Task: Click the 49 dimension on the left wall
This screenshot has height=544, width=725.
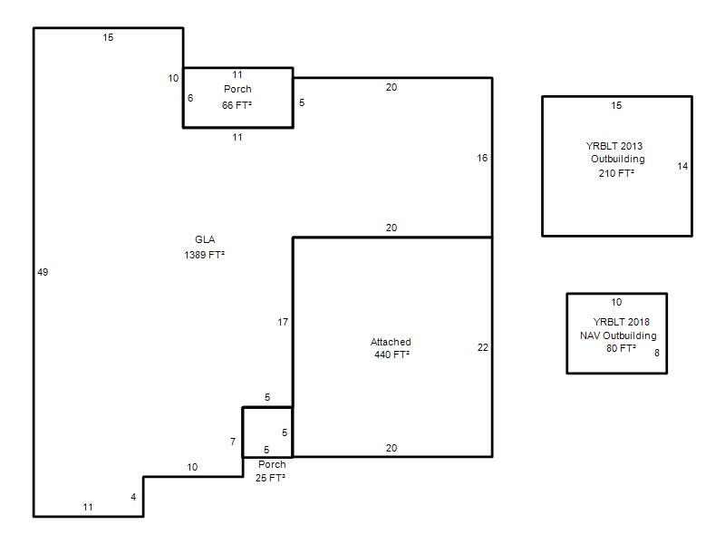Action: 43,272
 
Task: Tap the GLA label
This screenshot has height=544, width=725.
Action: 205,239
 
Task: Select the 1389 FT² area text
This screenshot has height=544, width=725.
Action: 205,255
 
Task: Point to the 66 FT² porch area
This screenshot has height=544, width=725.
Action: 237,105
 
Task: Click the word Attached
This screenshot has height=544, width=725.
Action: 391,342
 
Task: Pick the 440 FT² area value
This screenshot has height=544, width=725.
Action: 391,355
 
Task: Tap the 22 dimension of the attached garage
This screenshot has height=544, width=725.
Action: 483,347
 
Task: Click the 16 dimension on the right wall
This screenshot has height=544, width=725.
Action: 482,158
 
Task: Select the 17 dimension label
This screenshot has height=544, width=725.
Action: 283,322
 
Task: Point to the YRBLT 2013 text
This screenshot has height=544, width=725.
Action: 614,146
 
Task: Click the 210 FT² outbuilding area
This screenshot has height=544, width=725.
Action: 616,173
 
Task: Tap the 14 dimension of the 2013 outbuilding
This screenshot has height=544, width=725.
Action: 682,166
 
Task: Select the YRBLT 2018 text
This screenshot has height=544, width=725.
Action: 621,322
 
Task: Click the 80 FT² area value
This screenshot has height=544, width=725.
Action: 621,348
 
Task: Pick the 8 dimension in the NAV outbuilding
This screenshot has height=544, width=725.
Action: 656,353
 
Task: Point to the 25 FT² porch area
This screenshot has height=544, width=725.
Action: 270,478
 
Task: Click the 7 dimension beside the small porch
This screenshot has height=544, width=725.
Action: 233,442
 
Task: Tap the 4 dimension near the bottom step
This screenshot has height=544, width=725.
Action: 133,497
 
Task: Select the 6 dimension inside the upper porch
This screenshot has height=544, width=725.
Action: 190,98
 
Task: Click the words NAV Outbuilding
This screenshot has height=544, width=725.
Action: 618,335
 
